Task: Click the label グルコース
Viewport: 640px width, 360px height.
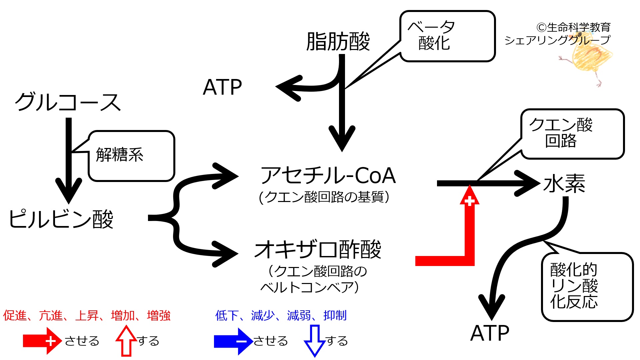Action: point(68,102)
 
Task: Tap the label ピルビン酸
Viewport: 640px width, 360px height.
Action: point(61,219)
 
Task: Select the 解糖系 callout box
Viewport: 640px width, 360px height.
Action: point(131,156)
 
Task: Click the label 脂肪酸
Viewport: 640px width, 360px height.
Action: point(338,42)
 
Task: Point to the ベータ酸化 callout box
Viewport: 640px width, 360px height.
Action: point(447,36)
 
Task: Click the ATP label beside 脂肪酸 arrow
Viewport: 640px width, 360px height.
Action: point(222,87)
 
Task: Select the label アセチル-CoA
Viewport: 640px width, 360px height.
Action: point(328,176)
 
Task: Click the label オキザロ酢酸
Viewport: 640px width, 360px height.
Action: point(318,250)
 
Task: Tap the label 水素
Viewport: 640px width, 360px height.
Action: point(564,183)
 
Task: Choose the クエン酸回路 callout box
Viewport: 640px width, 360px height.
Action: point(572,134)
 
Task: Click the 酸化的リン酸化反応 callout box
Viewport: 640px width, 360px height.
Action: point(587,287)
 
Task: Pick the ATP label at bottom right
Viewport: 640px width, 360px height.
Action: point(490,333)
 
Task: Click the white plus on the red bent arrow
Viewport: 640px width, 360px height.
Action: point(469,201)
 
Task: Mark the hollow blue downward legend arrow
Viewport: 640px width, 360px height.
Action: point(314,341)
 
